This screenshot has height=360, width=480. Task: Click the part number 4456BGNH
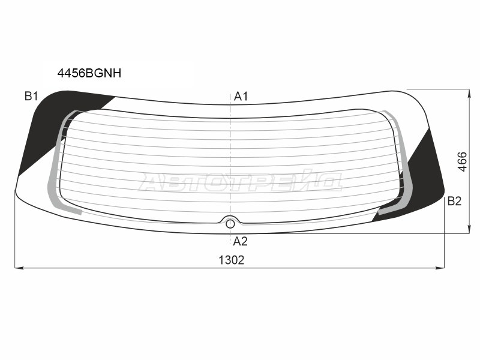89,73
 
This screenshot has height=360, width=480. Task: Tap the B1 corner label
31,96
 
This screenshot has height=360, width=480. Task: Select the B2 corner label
454,201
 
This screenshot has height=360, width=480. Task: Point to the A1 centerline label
241,97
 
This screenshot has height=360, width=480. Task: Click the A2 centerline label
240,242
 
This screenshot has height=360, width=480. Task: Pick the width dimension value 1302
232,260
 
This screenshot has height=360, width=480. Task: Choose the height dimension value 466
462,161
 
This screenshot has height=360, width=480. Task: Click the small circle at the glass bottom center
230,224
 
